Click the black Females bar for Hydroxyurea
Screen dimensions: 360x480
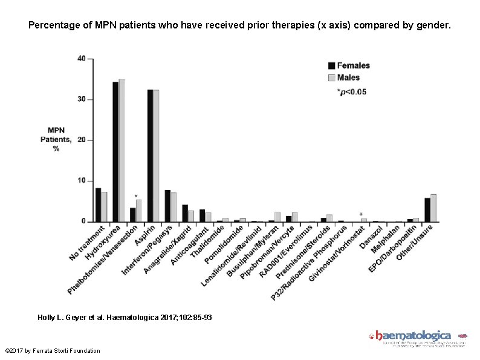click(115, 152)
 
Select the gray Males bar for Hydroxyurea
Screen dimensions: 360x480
click(122, 151)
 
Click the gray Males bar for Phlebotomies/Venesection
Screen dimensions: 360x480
click(138, 211)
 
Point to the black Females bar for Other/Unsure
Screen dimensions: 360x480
click(427, 210)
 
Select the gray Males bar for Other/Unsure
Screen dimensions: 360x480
click(433, 208)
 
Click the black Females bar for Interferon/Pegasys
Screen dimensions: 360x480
click(167, 206)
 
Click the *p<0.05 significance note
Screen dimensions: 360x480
click(351, 92)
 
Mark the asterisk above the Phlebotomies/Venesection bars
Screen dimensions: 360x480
click(135, 196)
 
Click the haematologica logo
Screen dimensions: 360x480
click(414, 336)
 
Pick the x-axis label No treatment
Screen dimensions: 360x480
click(88, 241)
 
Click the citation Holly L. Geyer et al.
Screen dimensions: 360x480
click(125, 317)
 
